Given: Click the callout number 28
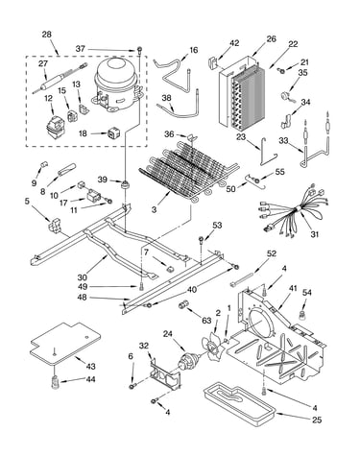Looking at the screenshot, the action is (47, 35).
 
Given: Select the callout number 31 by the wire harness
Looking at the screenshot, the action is (315, 234).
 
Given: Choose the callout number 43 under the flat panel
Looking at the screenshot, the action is (90, 366).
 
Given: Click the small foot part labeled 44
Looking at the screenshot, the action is (56, 381).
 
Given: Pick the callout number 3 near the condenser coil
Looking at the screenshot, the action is (155, 210).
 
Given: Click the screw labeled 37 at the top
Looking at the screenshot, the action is (139, 49).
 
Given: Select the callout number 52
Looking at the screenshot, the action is (272, 253).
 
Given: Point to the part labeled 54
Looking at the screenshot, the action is (301, 315).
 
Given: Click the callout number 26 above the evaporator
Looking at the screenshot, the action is (271, 39).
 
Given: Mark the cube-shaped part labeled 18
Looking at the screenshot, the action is (113, 133).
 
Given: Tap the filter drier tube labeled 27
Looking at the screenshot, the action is (60, 79).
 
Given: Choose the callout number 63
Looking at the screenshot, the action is (206, 321).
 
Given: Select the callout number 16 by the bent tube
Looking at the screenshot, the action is (194, 50).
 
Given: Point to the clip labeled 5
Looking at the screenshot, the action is (54, 224).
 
